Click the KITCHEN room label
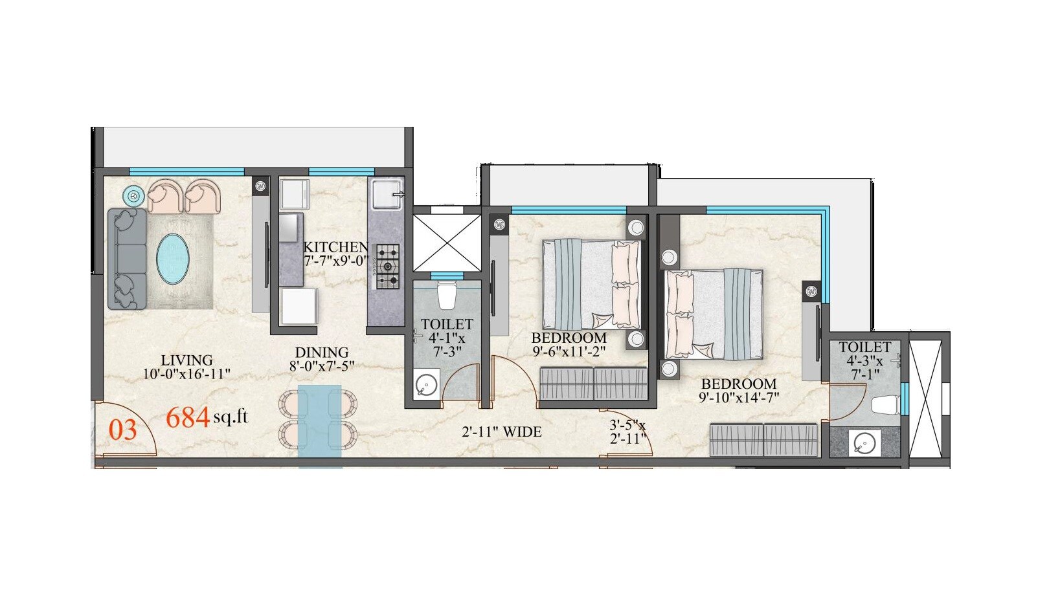click(335, 247)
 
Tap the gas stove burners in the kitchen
click(388, 266)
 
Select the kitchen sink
click(387, 194)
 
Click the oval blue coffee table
click(173, 259)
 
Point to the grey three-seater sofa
click(127, 259)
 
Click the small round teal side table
click(133, 195)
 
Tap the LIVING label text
click(186, 360)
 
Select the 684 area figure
click(188, 418)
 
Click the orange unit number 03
click(122, 430)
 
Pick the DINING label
click(322, 353)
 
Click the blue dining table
click(319, 421)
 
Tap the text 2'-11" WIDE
click(502, 432)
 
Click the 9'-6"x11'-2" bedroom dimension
click(569, 352)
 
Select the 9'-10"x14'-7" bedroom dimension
click(739, 398)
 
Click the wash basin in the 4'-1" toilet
click(426, 385)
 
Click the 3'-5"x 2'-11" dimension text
click(628, 432)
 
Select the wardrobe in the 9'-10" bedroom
click(764, 440)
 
